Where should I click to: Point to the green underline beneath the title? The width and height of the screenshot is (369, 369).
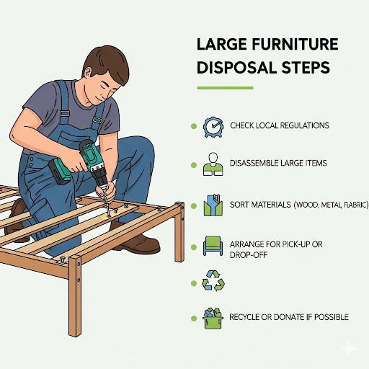225,88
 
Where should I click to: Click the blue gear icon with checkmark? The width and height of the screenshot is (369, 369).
213,127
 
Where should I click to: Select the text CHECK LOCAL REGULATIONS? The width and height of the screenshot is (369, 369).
280,125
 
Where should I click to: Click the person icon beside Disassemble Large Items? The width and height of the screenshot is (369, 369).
213,164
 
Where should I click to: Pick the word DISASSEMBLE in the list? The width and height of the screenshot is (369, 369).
254,163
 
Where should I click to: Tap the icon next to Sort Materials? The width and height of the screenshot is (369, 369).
213,205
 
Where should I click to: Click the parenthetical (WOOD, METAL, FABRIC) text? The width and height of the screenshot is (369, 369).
331,205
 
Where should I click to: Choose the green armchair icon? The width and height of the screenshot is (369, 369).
213,246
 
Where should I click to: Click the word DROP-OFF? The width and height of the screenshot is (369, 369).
249,255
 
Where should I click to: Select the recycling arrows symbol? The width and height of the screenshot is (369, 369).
213,280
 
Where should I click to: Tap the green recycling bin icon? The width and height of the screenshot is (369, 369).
213,319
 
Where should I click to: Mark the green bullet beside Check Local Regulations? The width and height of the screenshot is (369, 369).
194,126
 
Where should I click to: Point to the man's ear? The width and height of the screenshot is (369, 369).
87,73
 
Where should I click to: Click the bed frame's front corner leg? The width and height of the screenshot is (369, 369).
75,295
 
